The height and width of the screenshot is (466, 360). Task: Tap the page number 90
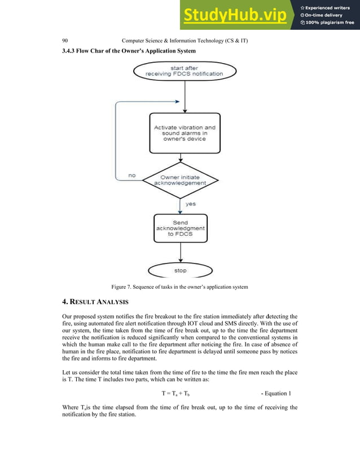coord(65,41)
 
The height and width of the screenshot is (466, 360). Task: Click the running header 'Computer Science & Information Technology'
coord(186,41)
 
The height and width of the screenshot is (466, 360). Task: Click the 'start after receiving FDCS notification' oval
coord(185,71)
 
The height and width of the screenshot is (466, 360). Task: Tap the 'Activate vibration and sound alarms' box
coord(185,133)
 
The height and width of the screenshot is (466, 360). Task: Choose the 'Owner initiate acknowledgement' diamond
coord(179,180)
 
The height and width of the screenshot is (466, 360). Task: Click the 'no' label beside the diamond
coord(132,175)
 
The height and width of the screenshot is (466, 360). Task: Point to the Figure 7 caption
coord(179,287)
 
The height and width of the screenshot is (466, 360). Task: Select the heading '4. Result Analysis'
coord(95,302)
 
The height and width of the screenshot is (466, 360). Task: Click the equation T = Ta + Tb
coord(179,393)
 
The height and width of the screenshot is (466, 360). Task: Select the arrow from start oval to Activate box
coord(185,96)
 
